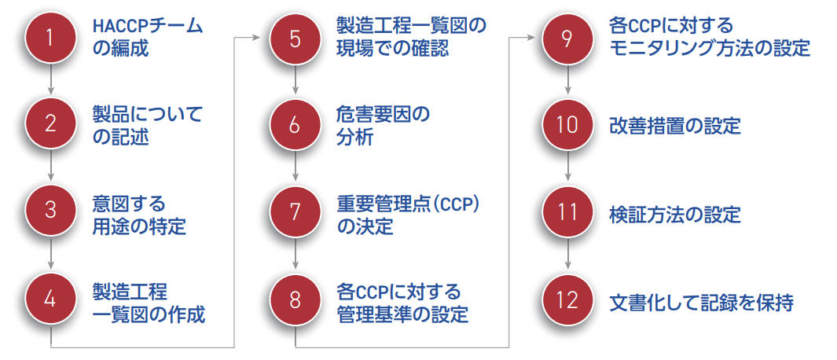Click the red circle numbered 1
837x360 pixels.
[x=51, y=39]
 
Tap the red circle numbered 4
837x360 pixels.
[x=51, y=299]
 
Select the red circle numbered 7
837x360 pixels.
[x=296, y=212]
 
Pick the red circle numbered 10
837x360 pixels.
[x=568, y=125]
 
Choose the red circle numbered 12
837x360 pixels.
[x=568, y=299]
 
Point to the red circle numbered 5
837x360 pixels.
[x=296, y=39]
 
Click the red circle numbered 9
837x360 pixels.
[x=568, y=39]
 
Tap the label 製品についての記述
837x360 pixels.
[x=146, y=126]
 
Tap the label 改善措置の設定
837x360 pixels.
[x=675, y=126]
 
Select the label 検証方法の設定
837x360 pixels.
[x=675, y=213]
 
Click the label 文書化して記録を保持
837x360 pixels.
[x=701, y=300]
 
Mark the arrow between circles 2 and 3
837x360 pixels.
[x=51, y=169]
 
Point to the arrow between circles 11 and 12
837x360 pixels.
[x=568, y=256]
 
